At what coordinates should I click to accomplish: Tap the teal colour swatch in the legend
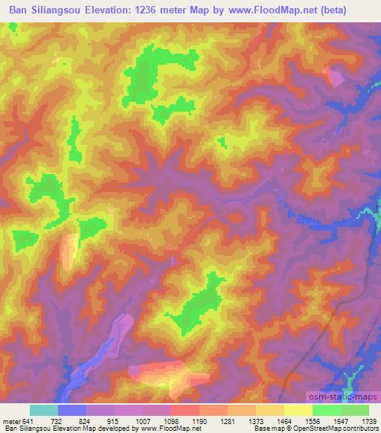tap(44, 410)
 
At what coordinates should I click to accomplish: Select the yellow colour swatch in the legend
tap(298, 410)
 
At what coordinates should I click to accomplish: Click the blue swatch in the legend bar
tap(72, 410)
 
